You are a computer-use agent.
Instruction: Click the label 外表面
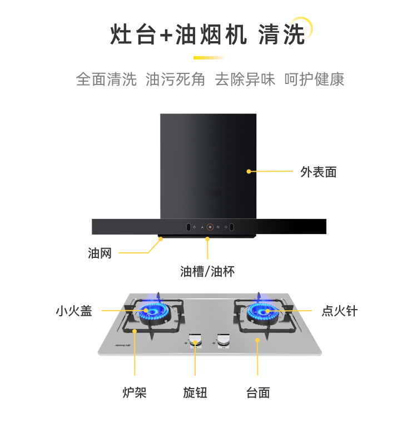(319, 172)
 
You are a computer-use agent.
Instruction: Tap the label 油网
(100, 253)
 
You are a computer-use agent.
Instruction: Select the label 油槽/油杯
(207, 272)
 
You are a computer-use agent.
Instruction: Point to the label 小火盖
(74, 311)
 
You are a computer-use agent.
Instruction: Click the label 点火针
(340, 311)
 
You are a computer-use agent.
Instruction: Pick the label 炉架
(135, 392)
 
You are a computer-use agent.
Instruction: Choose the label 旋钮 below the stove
(195, 392)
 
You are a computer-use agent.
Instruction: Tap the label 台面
(258, 392)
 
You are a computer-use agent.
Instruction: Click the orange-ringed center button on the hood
(210, 227)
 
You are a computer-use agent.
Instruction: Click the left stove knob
(196, 340)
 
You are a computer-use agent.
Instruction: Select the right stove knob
(224, 340)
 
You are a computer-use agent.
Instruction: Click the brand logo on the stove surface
(123, 345)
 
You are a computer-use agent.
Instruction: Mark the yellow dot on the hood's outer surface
(249, 172)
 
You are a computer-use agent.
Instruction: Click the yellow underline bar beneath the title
(209, 58)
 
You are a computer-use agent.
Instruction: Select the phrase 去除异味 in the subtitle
(245, 79)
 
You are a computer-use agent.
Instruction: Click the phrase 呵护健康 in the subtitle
(314, 79)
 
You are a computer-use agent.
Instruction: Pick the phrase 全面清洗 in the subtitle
(106, 79)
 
